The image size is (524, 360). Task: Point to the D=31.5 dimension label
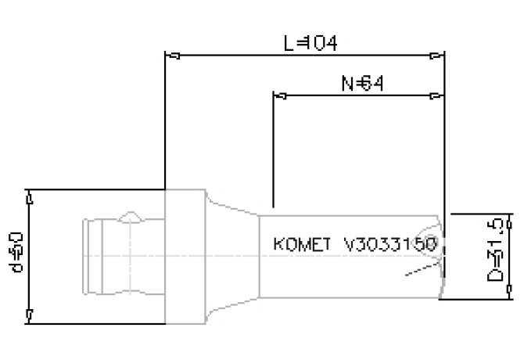pyautogui.click(x=494, y=252)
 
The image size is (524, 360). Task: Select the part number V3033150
pyautogui.click(x=389, y=243)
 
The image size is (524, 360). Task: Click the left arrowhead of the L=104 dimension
pyautogui.click(x=176, y=56)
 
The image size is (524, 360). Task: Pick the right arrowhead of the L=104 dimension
pyautogui.click(x=435, y=56)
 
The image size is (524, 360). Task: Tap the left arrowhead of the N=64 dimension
pyautogui.click(x=283, y=95)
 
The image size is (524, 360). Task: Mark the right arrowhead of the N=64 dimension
pyautogui.click(x=435, y=95)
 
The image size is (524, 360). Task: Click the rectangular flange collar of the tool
pyautogui.click(x=185, y=257)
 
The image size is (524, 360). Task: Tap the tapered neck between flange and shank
pyautogui.click(x=231, y=257)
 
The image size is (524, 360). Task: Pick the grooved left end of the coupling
pyautogui.click(x=92, y=257)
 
